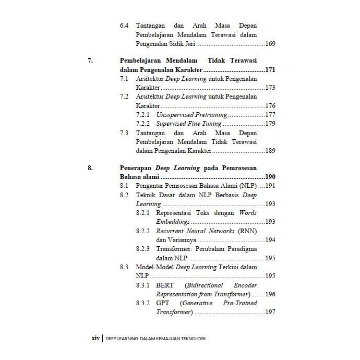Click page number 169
(270, 44)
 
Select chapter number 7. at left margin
(90, 61)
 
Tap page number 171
(270, 70)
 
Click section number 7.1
(124, 79)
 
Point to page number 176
(270, 106)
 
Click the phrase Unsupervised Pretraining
(191, 115)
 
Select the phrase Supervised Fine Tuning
(189, 124)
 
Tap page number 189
(270, 151)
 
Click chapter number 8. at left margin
(90, 168)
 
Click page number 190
(270, 177)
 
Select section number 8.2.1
(143, 213)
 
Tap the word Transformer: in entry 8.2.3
(173, 249)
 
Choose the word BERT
(165, 285)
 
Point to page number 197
(270, 312)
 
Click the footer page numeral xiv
(95, 338)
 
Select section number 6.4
(124, 26)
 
